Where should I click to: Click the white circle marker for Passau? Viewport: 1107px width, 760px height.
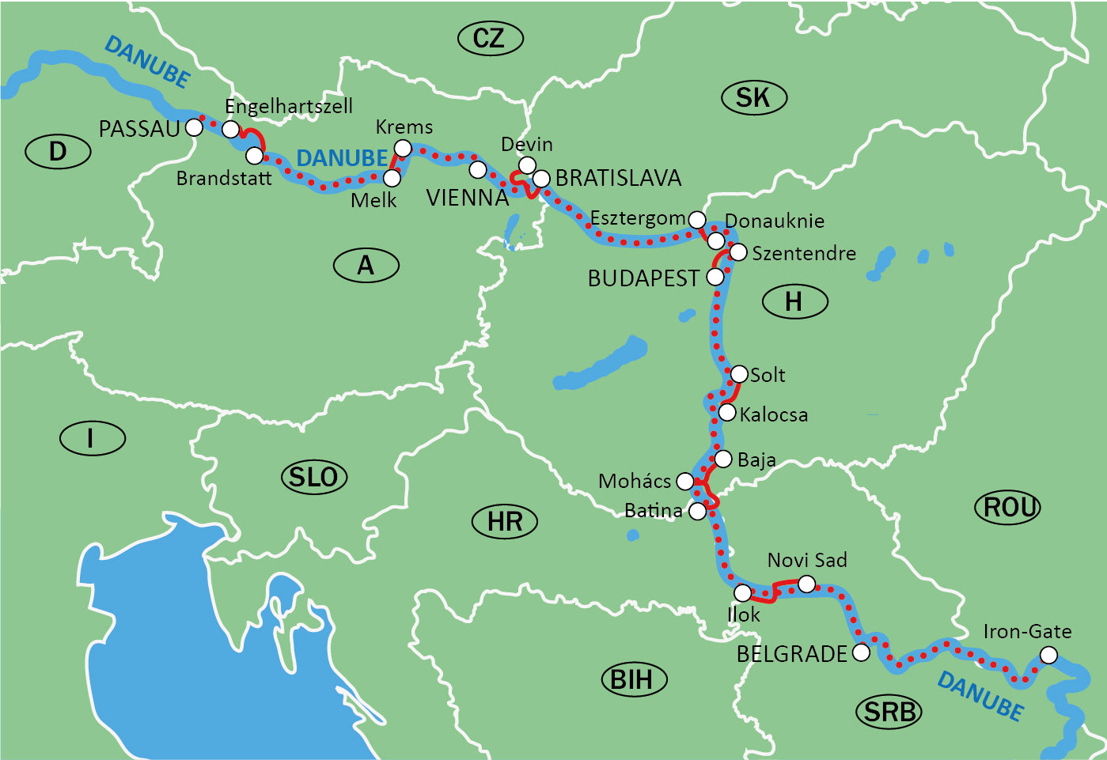(x=194, y=127)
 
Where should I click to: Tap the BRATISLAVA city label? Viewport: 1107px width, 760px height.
(x=618, y=179)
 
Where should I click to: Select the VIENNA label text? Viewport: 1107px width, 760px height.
(x=467, y=198)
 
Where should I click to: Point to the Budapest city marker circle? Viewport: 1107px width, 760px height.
(x=715, y=277)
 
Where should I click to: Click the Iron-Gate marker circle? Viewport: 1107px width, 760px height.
(x=1048, y=655)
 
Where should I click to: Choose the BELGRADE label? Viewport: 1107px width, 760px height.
(x=791, y=655)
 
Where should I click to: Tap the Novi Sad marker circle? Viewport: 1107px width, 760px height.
(x=806, y=584)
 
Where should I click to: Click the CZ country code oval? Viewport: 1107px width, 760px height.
(x=490, y=39)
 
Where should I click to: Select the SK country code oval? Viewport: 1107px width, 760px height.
(x=754, y=98)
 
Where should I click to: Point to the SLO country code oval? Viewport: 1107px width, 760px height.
(x=314, y=477)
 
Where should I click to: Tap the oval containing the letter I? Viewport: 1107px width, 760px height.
(x=92, y=437)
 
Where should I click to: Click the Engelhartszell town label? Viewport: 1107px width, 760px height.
(x=289, y=107)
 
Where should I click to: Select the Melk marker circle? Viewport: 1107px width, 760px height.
(x=392, y=178)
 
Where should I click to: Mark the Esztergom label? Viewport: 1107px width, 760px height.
(x=637, y=218)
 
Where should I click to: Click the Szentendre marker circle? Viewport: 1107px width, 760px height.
(x=737, y=252)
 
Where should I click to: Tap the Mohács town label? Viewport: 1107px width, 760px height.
(x=635, y=481)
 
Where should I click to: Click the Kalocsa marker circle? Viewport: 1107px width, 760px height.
(x=726, y=412)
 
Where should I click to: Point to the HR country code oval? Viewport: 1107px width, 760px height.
(x=505, y=522)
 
